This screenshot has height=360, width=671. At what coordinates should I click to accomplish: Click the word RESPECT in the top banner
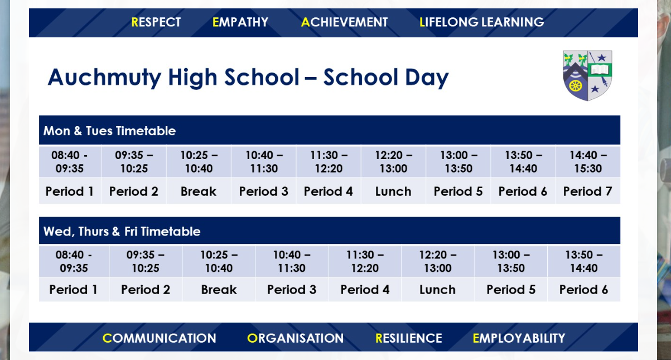pyautogui.click(x=156, y=22)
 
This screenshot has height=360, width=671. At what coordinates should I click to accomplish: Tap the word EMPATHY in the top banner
pyautogui.click(x=240, y=22)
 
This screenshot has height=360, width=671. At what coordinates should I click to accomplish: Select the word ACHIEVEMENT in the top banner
pyautogui.click(x=344, y=22)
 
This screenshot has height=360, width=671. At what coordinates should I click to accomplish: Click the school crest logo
pyautogui.click(x=587, y=75)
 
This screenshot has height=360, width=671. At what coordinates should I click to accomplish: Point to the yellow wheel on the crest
pyautogui.click(x=576, y=87)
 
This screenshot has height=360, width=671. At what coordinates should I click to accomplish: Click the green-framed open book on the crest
pyautogui.click(x=600, y=70)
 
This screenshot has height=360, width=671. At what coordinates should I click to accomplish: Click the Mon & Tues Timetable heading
pyautogui.click(x=109, y=131)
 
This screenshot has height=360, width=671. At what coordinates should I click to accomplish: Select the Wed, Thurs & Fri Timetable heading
pyautogui.click(x=122, y=232)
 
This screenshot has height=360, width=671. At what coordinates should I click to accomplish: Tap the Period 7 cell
pyautogui.click(x=588, y=191)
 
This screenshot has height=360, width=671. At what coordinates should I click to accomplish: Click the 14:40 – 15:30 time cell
pyautogui.click(x=588, y=161)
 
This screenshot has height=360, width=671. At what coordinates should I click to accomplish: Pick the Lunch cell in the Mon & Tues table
pyautogui.click(x=393, y=191)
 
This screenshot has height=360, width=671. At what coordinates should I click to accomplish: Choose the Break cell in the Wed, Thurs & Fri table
pyautogui.click(x=219, y=290)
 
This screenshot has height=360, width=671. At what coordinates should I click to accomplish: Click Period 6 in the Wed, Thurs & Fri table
pyautogui.click(x=583, y=290)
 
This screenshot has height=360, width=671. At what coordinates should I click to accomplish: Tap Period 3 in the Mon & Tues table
pyautogui.click(x=264, y=191)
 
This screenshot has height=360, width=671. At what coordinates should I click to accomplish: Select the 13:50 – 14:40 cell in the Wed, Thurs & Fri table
pyautogui.click(x=583, y=261)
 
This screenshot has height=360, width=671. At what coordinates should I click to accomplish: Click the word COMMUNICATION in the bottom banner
pyautogui.click(x=160, y=338)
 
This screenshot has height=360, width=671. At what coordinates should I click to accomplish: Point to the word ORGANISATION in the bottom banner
pyautogui.click(x=296, y=338)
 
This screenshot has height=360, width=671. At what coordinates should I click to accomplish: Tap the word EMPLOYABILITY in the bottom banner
pyautogui.click(x=519, y=338)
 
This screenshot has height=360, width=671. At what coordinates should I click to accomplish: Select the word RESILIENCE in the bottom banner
pyautogui.click(x=409, y=338)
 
